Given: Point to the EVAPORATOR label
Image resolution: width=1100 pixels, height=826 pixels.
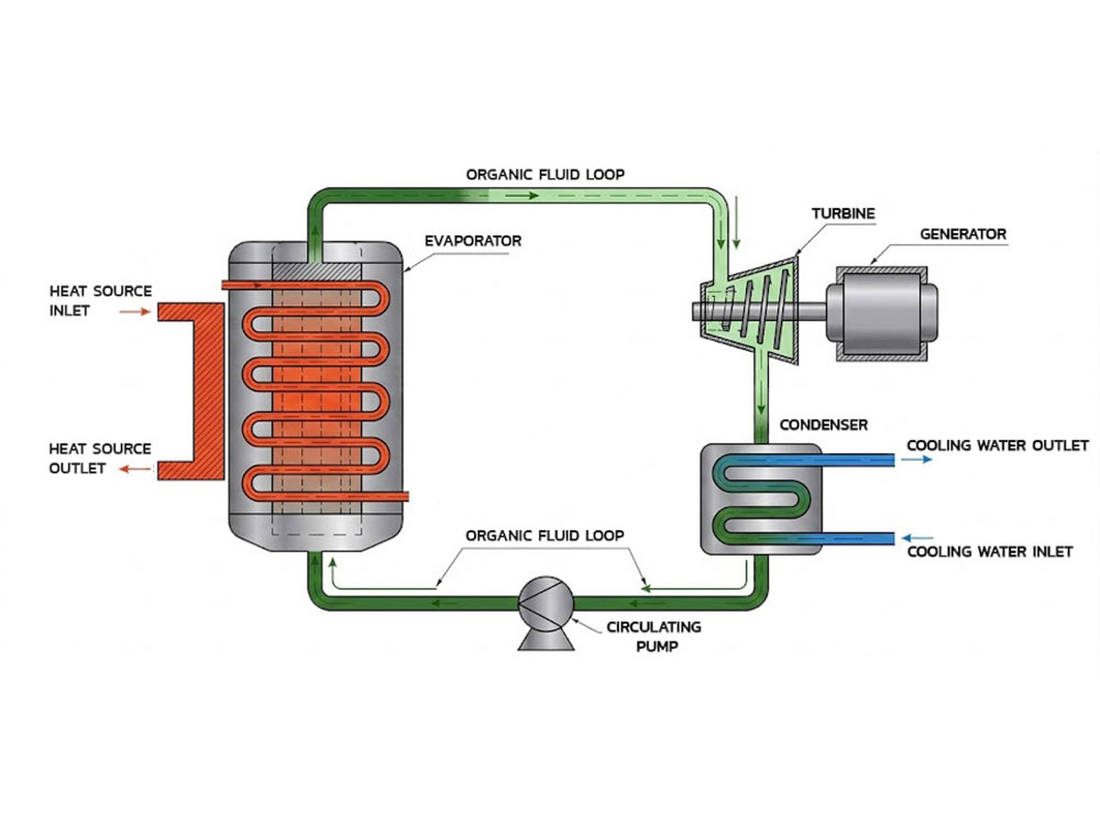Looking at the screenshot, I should (473, 241).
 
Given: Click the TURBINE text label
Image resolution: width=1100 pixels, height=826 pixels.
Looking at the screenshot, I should (843, 214).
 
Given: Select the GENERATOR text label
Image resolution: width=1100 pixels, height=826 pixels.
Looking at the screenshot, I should (962, 235).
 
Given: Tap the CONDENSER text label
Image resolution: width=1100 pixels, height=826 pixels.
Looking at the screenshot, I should (823, 425).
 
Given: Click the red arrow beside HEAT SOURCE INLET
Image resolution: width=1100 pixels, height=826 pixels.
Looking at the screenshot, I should (134, 312).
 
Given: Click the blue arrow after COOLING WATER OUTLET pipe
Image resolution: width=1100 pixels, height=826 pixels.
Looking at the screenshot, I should (919, 460).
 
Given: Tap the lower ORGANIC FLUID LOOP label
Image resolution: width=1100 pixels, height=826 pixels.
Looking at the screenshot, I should (545, 535).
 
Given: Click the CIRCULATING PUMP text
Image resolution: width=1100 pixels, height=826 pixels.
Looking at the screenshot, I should (654, 635).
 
